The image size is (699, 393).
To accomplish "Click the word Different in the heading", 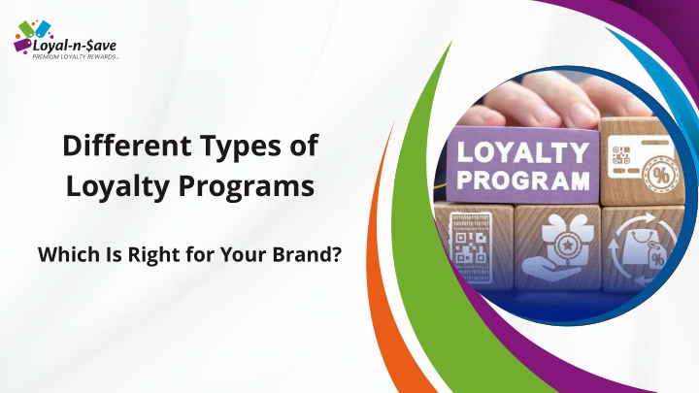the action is pyautogui.click(x=127, y=146).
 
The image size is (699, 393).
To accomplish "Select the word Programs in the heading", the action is pyautogui.click(x=247, y=187).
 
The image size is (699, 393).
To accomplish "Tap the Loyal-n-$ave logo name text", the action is pyautogui.click(x=75, y=46).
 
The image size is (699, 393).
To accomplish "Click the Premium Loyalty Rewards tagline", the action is pyautogui.click(x=75, y=56).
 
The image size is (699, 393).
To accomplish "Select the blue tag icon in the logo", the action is pyautogui.click(x=44, y=29).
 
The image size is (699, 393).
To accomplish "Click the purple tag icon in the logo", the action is pyautogui.click(x=22, y=45).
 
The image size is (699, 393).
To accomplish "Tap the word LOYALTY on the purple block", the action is pyautogui.click(x=522, y=153).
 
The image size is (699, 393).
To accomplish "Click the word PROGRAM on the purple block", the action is pyautogui.click(x=523, y=180).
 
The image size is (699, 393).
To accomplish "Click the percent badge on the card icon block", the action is pyautogui.click(x=661, y=176).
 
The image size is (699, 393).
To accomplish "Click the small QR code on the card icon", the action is pyautogui.click(x=621, y=154).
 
